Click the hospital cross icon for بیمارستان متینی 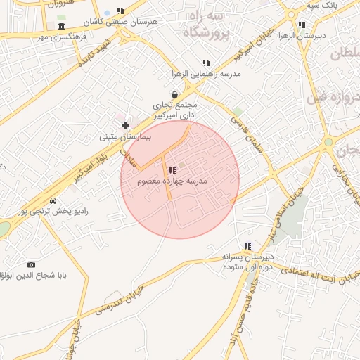125,125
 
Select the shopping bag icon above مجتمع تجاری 174,94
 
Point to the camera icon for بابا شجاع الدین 31,264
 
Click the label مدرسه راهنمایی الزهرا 205,73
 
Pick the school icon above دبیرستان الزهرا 302,25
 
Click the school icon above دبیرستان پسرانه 247,246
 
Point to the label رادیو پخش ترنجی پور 44,211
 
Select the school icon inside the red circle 172,170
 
